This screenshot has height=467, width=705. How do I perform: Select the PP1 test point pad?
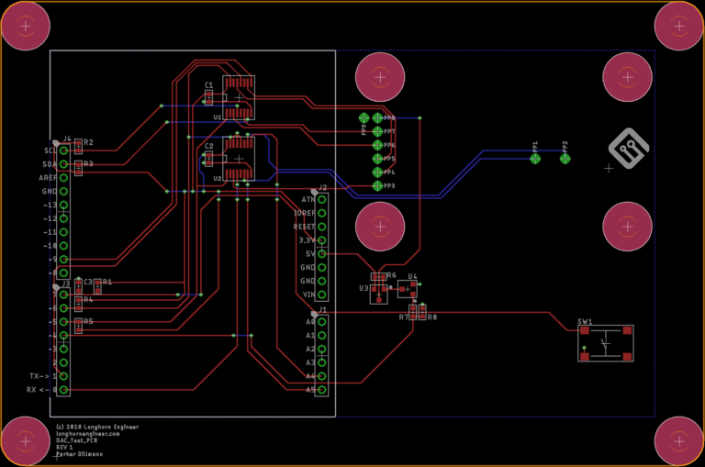[x=535, y=159]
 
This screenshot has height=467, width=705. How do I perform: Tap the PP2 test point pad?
[x=565, y=159]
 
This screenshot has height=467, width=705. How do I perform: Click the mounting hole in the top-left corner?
[x=26, y=26]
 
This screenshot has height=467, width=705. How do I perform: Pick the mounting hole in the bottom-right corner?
[x=678, y=441]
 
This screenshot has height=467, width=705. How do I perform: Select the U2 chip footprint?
[x=240, y=157]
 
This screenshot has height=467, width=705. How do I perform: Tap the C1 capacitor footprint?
[x=209, y=97]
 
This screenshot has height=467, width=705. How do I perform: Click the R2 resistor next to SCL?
[x=79, y=145]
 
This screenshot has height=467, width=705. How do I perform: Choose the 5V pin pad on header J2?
[x=322, y=253]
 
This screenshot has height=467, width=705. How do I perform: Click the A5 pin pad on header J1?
[x=322, y=390]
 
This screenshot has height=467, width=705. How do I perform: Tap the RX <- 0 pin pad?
[x=64, y=390]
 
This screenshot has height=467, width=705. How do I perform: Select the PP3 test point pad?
[x=377, y=186]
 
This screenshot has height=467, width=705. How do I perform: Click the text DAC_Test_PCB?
[x=77, y=440]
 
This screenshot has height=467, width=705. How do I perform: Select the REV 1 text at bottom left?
[x=65, y=448]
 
